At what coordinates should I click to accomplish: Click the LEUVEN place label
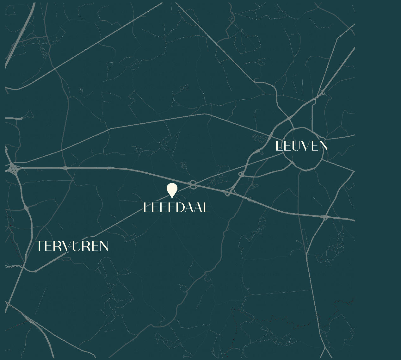click(x=301, y=146)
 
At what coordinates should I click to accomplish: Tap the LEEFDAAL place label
click(x=176, y=208)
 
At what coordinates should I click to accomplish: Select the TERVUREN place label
click(x=72, y=246)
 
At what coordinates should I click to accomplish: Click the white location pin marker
click(x=172, y=190)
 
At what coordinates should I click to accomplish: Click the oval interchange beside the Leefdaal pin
click(x=193, y=184)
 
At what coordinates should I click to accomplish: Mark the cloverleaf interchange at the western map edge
click(x=13, y=169)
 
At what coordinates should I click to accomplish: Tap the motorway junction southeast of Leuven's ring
click(x=325, y=217)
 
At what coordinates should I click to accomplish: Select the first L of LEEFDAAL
click(x=146, y=208)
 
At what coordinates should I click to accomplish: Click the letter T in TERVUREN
click(x=39, y=246)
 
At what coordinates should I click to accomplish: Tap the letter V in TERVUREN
click(x=66, y=246)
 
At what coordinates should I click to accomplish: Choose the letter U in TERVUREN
click(x=76, y=246)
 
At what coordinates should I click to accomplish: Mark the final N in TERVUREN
click(x=104, y=246)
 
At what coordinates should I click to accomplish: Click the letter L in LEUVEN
click(x=278, y=146)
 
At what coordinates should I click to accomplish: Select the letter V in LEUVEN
click(x=305, y=146)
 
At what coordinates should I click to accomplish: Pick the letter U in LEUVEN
click(x=295, y=146)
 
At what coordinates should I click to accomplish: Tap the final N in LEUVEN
click(x=323, y=146)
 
